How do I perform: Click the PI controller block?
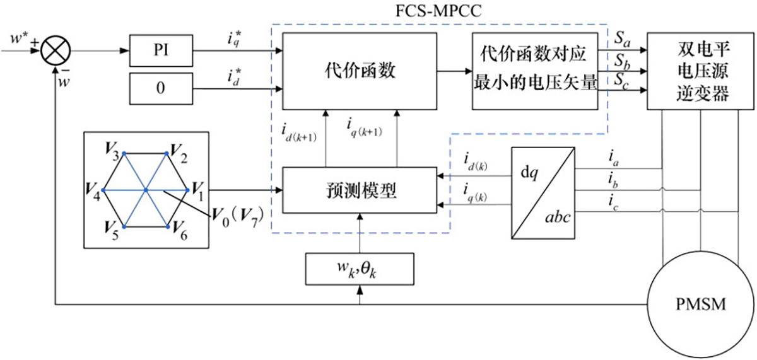160,49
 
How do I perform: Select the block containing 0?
160,88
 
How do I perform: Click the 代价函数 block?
360,70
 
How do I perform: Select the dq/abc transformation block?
543,192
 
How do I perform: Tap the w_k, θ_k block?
359,269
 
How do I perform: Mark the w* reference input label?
17,40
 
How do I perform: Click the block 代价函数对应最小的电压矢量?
536,70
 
